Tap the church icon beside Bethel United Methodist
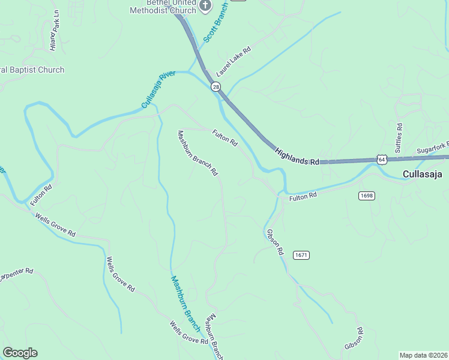tap(205, 6)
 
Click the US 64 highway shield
tap(382, 159)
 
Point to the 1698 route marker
tap(367, 196)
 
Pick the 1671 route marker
tap(301, 255)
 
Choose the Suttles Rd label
tap(399, 137)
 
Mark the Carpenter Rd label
tap(16, 275)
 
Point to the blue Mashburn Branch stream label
tap(185, 304)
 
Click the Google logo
tap(20, 353)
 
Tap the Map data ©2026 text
tap(423, 355)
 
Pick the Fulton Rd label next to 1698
tap(303, 197)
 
